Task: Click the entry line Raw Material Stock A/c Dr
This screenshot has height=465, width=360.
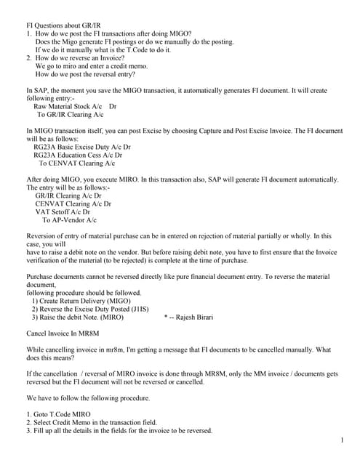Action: [75, 106]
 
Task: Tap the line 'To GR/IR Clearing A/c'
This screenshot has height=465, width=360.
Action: [70, 114]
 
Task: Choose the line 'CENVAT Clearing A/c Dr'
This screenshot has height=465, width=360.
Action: [73, 204]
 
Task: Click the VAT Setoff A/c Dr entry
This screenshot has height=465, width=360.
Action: [68, 212]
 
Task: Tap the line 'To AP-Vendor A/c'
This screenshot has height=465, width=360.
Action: [68, 220]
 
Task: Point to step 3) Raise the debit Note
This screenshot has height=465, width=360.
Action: [77, 318]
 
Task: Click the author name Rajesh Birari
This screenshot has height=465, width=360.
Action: [192, 318]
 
